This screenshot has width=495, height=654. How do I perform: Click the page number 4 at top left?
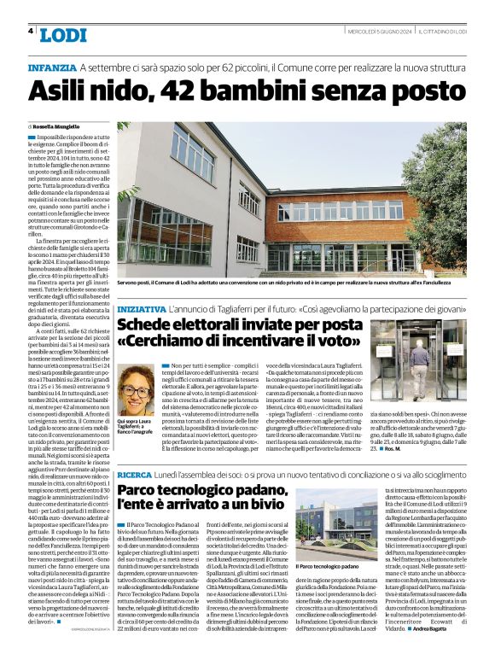[31, 31]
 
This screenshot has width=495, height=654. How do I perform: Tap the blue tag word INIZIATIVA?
[142, 308]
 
